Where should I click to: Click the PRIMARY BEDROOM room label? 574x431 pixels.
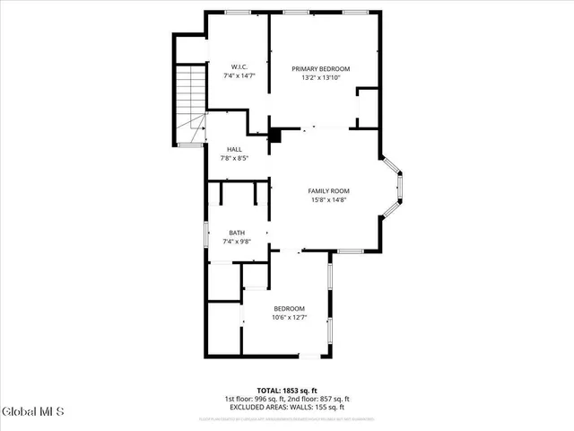[x=320, y=69]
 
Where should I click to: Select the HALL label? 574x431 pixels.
[x=234, y=149]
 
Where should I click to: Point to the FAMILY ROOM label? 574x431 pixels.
[x=328, y=190]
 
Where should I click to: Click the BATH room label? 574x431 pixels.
[x=236, y=233]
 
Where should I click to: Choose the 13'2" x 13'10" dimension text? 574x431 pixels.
[x=320, y=78]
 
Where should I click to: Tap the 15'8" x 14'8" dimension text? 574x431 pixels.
[x=328, y=199]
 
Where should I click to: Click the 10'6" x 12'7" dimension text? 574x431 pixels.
[x=289, y=317]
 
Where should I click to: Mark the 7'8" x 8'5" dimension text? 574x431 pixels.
[x=234, y=158]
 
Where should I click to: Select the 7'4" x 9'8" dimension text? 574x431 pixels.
[x=236, y=242]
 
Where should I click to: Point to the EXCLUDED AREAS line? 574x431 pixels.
[x=286, y=407]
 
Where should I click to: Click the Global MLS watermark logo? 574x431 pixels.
[x=33, y=412]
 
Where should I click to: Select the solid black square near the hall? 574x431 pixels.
[x=276, y=136]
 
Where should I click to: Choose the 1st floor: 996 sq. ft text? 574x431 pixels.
[x=253, y=399]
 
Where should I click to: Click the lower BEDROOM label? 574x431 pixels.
[x=289, y=308]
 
